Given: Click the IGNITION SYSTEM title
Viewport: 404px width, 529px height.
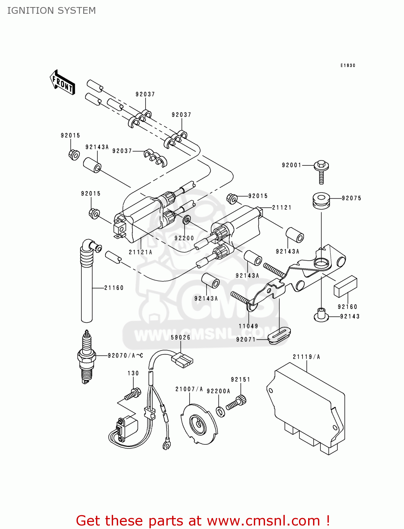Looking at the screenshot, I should click(51, 11).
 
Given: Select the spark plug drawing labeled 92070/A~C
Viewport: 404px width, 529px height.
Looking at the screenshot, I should click(87, 357).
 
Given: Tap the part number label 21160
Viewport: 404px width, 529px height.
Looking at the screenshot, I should click(114, 288).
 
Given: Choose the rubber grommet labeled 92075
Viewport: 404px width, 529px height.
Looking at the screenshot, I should click(321, 200).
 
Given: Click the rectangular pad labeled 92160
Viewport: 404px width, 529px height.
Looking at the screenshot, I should click(345, 287).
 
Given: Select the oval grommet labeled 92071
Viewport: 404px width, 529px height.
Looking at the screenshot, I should click(279, 335).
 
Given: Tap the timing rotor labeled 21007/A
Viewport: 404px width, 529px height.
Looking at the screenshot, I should click(198, 423).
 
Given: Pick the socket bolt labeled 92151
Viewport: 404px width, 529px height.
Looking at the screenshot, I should click(236, 403).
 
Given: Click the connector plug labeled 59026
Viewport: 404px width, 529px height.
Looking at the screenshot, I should click(182, 360).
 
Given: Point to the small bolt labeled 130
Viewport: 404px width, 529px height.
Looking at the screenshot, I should click(133, 394).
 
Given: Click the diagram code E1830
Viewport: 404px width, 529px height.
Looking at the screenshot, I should click(348, 66).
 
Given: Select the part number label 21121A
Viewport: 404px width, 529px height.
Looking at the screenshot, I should click(140, 252).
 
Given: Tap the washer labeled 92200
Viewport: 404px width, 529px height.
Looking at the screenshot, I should click(187, 220).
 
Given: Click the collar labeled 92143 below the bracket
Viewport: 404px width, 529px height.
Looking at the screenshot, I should click(321, 315).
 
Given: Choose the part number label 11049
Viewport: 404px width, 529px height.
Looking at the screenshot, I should click(248, 326).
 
